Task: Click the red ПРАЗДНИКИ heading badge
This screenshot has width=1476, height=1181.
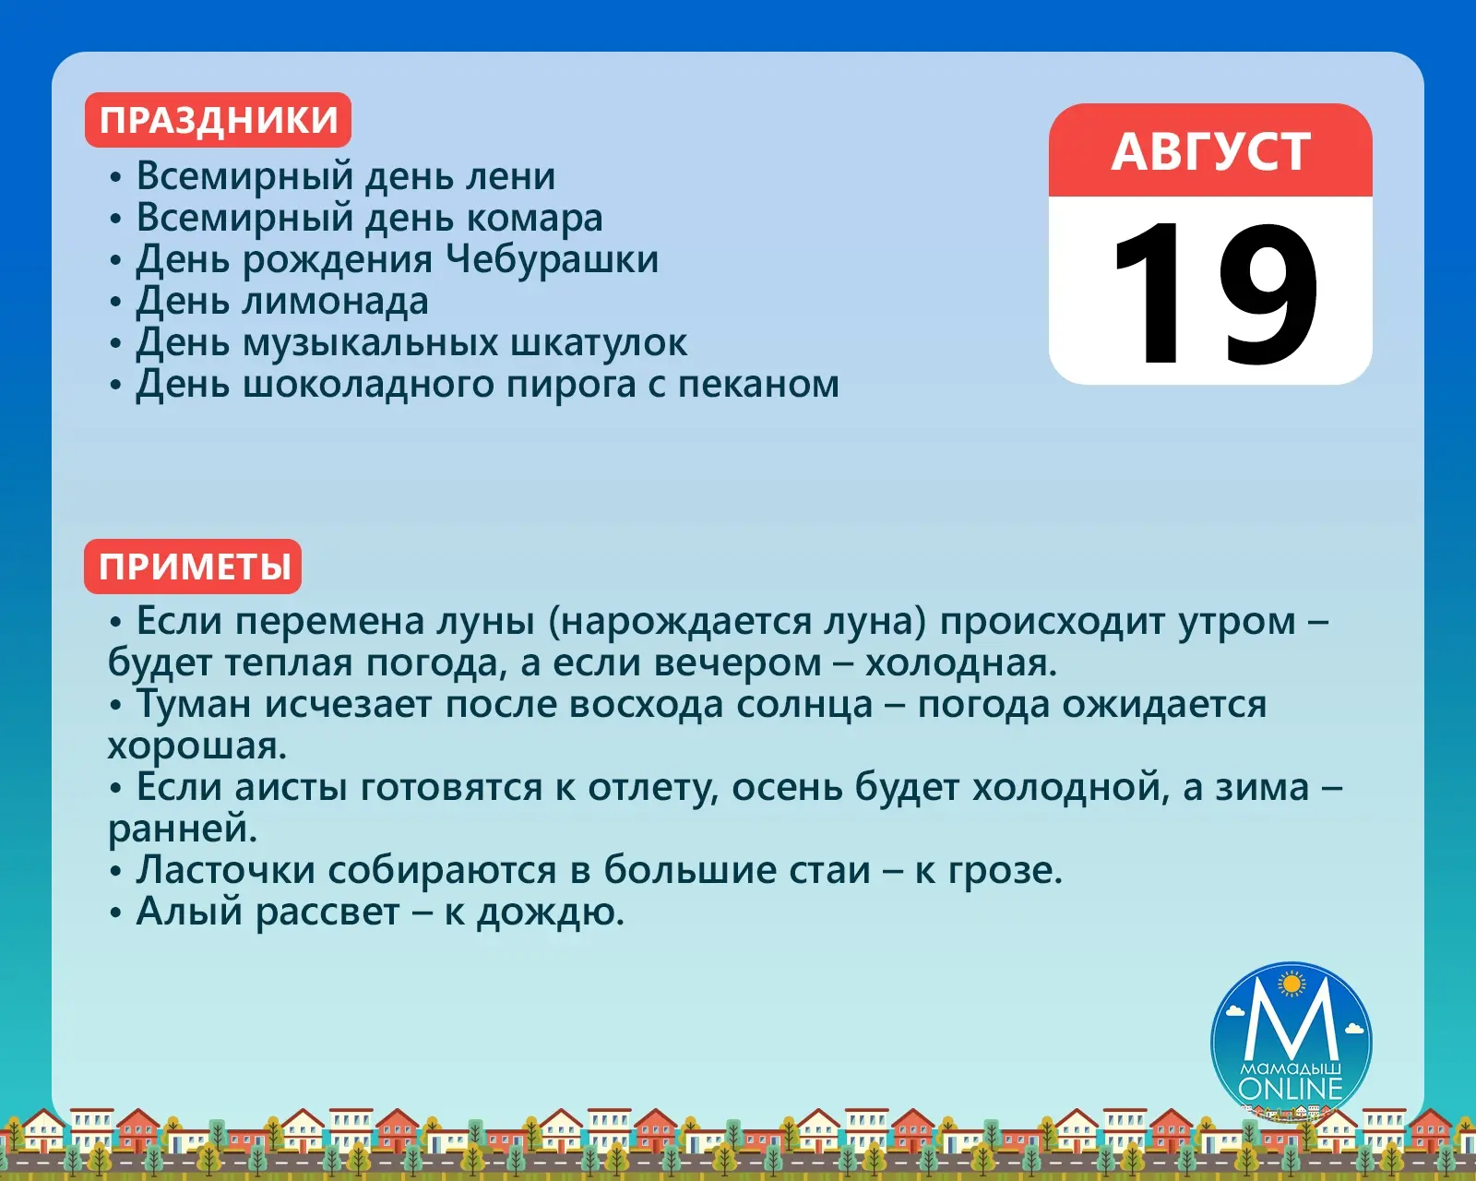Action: tap(218, 120)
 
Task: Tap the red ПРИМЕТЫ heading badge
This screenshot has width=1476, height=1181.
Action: tap(193, 567)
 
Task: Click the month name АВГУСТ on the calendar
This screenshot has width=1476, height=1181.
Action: tap(1210, 151)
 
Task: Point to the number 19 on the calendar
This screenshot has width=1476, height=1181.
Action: tap(1214, 295)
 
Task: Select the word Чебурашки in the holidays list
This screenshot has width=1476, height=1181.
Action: tap(552, 260)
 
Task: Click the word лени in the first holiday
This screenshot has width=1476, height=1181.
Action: tap(510, 176)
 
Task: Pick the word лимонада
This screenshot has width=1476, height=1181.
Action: tap(336, 302)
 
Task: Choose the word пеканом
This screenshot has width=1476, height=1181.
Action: tap(758, 385)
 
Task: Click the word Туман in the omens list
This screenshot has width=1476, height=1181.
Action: tap(194, 705)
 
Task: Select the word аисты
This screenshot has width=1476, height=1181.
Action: tap(291, 788)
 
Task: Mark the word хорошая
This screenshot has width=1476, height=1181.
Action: tap(196, 746)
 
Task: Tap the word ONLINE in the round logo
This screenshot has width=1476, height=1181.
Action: tap(1291, 1089)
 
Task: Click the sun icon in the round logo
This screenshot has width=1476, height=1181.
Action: tap(1291, 984)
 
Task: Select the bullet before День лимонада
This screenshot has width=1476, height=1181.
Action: tap(115, 302)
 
